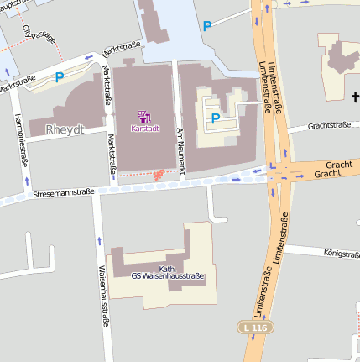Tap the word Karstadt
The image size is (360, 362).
pos(144,129)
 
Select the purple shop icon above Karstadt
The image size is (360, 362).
pos(143,116)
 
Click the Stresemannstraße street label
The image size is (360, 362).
pos(62,193)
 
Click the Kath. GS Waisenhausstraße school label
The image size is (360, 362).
pos(167,271)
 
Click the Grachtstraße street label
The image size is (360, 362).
pos(329,125)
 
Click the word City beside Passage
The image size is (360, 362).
pos(28,32)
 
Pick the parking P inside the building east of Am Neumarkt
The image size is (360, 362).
pos(215,118)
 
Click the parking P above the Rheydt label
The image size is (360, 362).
pos(59,77)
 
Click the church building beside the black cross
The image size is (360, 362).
pos(337,60)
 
